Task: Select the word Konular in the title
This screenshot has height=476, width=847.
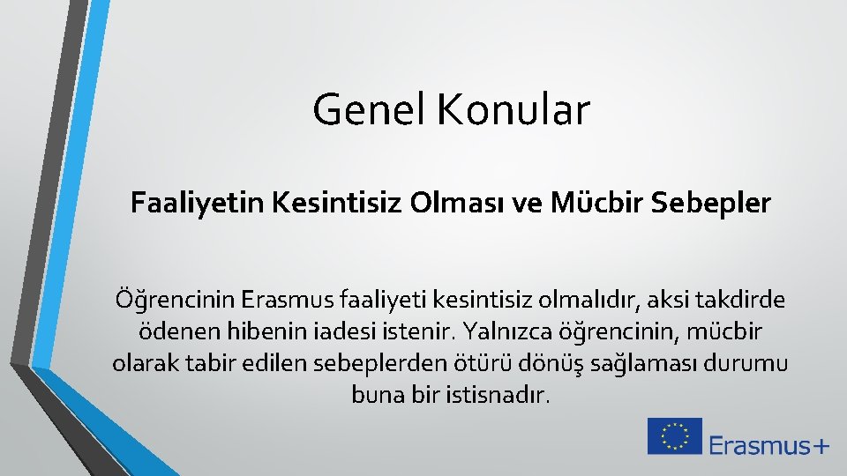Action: [513, 111]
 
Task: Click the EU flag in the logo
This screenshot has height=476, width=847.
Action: [674, 435]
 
